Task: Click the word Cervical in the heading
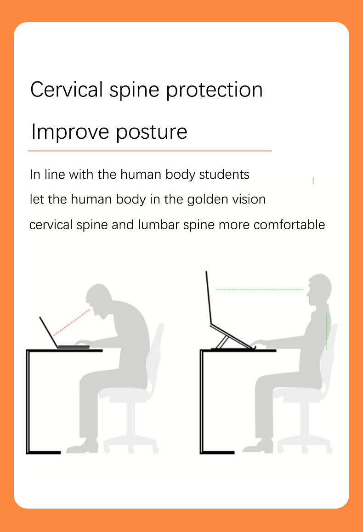[x=67, y=90]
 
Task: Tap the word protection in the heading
[x=215, y=91]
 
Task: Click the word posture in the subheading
[x=152, y=132]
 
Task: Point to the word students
[x=224, y=175]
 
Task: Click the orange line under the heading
[x=150, y=151]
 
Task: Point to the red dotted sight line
[x=72, y=323]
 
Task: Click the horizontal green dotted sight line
[x=260, y=289]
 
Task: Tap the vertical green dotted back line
[x=326, y=331]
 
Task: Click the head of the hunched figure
[x=99, y=299]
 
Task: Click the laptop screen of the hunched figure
[x=49, y=332]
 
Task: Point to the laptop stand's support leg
[x=222, y=341]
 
